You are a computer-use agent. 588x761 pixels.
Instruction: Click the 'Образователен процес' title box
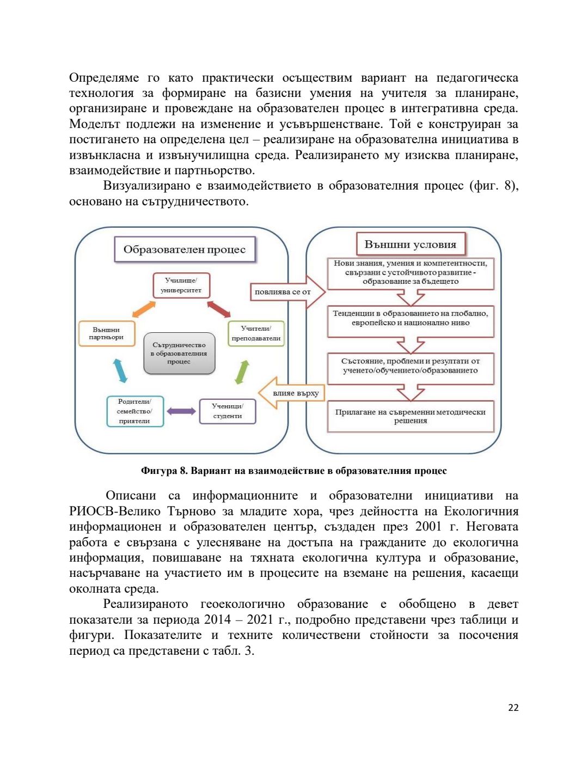tap(185, 249)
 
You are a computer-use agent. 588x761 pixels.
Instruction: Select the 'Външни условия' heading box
tap(411, 244)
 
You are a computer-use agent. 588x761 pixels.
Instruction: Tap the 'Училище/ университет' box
tap(181, 285)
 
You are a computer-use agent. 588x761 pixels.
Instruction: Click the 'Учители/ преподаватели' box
tap(256, 333)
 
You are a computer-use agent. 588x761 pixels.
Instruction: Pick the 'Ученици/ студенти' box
tap(227, 411)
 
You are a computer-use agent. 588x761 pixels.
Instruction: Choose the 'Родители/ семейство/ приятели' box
tap(134, 411)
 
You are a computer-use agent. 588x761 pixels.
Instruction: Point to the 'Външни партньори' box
tap(106, 333)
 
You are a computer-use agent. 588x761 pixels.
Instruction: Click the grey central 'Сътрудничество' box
tap(179, 353)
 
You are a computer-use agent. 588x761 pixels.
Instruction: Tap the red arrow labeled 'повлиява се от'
tap(286, 292)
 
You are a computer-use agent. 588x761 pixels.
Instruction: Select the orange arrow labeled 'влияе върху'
tap(292, 393)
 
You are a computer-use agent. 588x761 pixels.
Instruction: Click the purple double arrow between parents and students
tap(181, 411)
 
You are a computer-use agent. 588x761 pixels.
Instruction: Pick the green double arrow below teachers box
tap(242, 372)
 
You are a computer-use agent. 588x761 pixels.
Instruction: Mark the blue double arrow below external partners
tap(120, 370)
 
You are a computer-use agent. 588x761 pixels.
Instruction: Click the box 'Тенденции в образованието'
tap(411, 318)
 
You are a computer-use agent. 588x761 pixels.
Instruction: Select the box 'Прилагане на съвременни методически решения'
tap(411, 416)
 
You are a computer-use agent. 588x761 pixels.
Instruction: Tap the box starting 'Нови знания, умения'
tap(411, 272)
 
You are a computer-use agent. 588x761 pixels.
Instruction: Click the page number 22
tap(513, 708)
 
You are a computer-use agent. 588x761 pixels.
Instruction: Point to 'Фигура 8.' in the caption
tap(164, 471)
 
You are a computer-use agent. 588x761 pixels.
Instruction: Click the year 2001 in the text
tap(428, 527)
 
